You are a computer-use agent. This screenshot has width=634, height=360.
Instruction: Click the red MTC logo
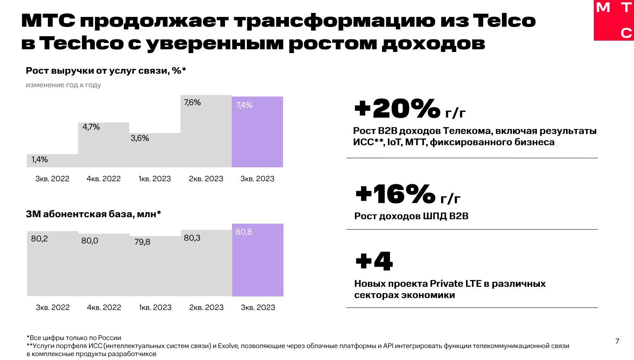pos(613,20)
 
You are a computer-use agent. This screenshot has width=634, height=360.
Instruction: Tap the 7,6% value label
pos(192,103)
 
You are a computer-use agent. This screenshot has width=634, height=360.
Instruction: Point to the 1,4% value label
pos(40,160)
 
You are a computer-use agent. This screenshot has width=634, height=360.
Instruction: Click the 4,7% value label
pos(91,127)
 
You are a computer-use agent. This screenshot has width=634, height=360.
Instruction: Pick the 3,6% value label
pos(140,138)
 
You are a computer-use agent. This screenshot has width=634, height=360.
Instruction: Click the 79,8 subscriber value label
pos(142,242)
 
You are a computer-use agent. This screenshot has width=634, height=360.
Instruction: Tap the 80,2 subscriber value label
pos(39,239)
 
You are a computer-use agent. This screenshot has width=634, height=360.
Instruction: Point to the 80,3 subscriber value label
pos(192,238)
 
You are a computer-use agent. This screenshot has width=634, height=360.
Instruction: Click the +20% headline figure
pos(397,109)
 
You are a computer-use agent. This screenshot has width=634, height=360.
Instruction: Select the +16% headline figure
pos(396,194)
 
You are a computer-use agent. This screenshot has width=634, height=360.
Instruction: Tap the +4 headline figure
pos(374,261)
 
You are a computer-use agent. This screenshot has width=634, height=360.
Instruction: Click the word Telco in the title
pos(504,21)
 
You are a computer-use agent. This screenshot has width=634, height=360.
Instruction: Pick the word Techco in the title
pos(82,43)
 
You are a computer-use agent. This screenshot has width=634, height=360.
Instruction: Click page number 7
pos(618,341)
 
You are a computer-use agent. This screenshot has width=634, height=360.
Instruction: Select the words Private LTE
pos(455,284)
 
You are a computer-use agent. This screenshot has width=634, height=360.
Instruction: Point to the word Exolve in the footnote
pos(228,346)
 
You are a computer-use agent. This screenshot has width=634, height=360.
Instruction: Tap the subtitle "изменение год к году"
pos(64,85)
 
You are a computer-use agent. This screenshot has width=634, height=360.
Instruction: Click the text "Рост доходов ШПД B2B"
pos(411,216)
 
